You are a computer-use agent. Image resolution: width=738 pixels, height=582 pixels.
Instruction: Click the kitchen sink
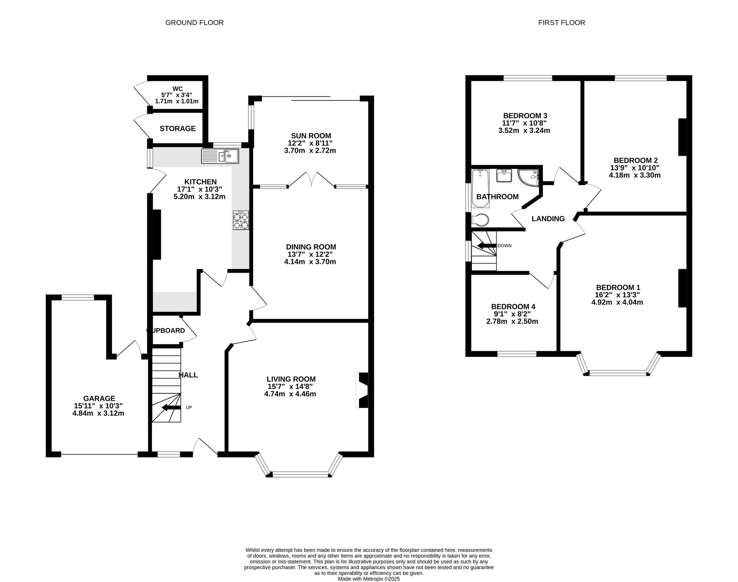(x=220, y=156)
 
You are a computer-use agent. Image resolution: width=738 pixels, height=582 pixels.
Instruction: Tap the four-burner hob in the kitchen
(x=241, y=220)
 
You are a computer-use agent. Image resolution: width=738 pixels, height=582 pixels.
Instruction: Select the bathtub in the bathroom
(x=480, y=188)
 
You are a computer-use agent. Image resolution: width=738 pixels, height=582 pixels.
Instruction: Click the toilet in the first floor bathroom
(x=480, y=220)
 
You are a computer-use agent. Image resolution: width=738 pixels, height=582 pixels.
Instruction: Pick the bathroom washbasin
(x=504, y=176)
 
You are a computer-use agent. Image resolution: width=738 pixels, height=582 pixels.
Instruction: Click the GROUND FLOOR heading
(x=194, y=23)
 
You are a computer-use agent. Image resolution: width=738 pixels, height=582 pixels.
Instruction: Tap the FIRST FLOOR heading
(x=562, y=23)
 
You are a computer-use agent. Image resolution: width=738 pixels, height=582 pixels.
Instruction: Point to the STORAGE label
(x=177, y=128)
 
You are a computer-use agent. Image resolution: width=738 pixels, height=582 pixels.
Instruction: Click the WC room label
(x=177, y=89)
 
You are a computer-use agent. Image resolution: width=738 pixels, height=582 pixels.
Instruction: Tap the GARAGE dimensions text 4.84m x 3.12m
(x=98, y=413)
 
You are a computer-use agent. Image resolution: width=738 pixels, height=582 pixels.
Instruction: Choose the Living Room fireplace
(x=362, y=390)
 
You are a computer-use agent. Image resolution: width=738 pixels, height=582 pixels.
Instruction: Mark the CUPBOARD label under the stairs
(x=166, y=331)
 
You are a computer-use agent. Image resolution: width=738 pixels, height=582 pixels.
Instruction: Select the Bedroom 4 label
(x=513, y=307)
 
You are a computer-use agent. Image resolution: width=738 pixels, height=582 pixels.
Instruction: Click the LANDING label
(x=548, y=219)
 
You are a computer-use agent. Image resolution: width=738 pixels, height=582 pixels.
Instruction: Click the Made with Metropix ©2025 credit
(x=369, y=579)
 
